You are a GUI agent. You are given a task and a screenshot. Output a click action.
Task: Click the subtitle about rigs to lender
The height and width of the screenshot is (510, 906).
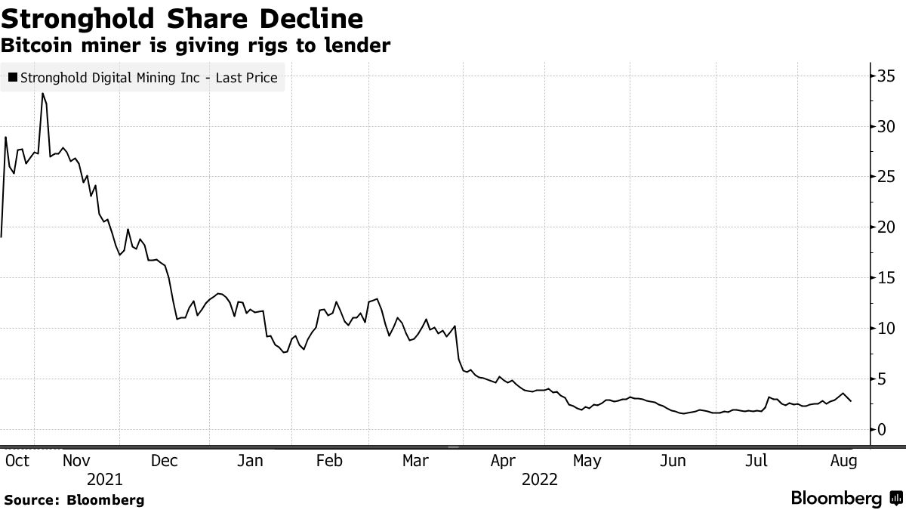[196, 45]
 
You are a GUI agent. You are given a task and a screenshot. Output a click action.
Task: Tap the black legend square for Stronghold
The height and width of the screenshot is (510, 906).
[13, 77]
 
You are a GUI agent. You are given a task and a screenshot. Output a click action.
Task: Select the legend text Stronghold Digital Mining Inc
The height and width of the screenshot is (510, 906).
[149, 77]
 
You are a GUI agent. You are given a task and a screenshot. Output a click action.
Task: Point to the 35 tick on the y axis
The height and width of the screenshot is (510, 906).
[886, 76]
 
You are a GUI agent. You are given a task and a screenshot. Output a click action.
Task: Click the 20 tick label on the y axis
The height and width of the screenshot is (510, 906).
[886, 227]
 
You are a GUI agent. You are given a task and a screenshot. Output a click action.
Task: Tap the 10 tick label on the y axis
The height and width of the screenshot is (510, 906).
[886, 329]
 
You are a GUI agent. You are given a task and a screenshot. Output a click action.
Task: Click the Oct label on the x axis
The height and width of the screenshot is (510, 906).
[17, 461]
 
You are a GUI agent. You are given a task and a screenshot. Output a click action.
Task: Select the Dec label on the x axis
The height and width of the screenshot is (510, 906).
[164, 461]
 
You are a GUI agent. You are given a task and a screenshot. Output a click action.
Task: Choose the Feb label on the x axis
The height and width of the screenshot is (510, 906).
[329, 461]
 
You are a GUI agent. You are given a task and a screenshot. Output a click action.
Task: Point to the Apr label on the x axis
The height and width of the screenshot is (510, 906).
[502, 461]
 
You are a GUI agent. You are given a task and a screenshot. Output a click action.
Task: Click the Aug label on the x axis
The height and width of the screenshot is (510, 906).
[843, 461]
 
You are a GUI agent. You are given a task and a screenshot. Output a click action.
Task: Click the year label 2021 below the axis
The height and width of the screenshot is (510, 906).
[104, 479]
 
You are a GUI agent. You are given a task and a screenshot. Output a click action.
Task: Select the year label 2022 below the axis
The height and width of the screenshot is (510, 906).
[539, 479]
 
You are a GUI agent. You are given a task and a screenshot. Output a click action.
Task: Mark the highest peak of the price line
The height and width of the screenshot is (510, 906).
[43, 94]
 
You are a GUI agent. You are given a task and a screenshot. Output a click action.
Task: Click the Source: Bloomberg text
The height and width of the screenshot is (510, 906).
[74, 499]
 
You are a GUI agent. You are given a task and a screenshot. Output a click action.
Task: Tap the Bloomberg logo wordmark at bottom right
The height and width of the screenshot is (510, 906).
[836, 499]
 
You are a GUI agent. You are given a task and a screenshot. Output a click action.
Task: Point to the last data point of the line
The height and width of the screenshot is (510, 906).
[852, 401]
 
